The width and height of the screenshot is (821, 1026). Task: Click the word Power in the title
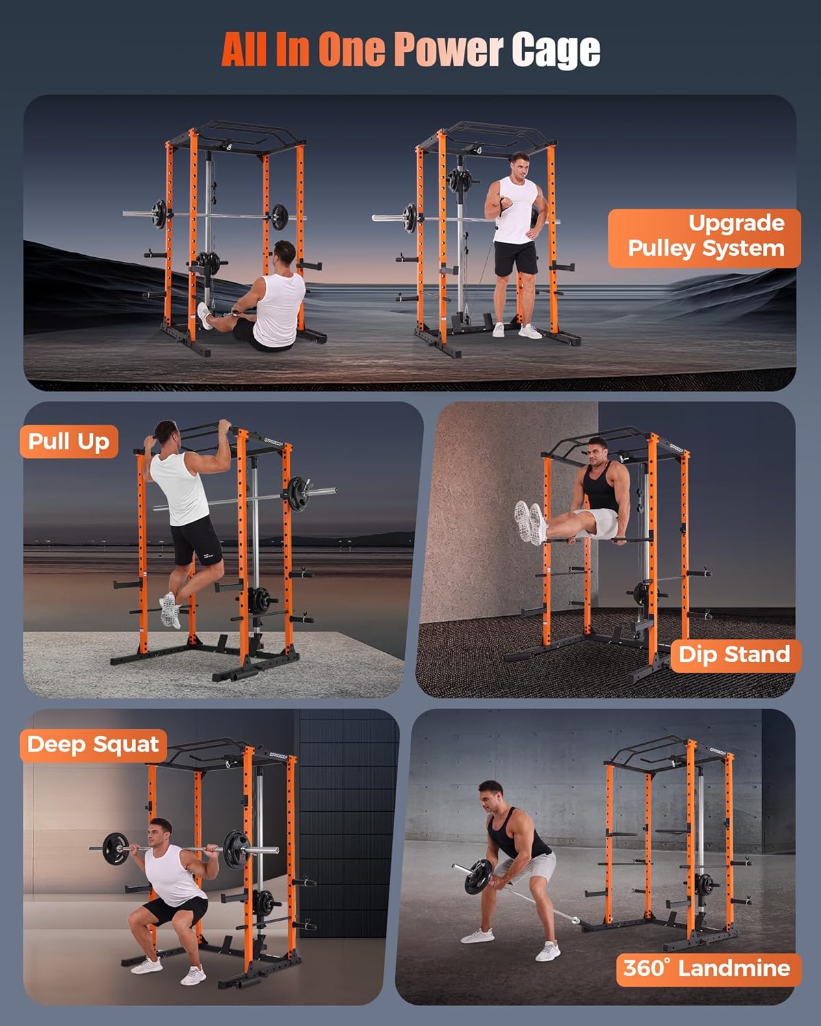tap(448, 49)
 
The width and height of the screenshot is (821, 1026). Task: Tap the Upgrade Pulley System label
tap(705, 237)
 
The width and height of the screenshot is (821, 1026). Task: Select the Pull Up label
tap(69, 442)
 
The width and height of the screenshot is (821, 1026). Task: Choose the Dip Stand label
tap(733, 655)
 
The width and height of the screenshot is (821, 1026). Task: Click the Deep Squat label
tap(93, 744)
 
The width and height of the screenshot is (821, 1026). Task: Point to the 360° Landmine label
tap(707, 969)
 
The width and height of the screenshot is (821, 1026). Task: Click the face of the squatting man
tap(162, 835)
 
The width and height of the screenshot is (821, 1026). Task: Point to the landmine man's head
tap(491, 796)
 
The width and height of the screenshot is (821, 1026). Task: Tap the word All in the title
tap(244, 49)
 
